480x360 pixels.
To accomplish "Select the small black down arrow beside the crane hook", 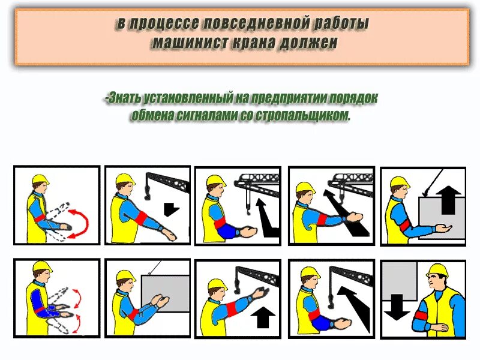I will [x=172, y=209].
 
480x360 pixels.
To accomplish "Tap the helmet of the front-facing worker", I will [x=437, y=271].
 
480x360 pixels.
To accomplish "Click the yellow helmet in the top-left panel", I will [x=40, y=179].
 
